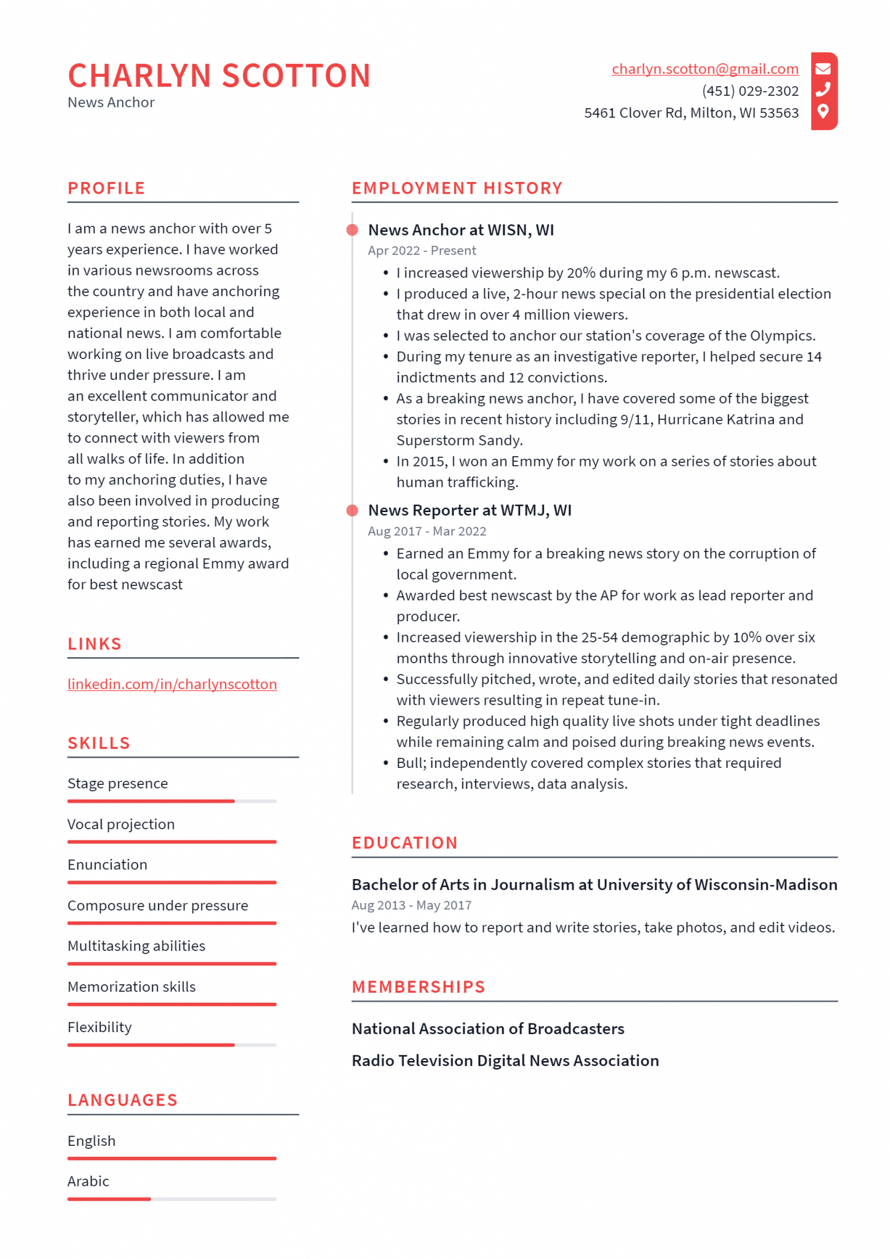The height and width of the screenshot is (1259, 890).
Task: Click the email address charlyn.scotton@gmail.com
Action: pyautogui.click(x=704, y=69)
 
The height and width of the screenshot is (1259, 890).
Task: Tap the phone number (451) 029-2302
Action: pyautogui.click(x=750, y=91)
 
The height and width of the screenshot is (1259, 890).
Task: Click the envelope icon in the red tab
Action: pyautogui.click(x=823, y=68)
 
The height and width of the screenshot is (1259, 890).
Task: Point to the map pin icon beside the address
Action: pyautogui.click(x=823, y=111)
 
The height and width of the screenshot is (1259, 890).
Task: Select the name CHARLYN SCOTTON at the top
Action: pyautogui.click(x=219, y=76)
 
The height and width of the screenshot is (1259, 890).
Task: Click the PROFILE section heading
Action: pyautogui.click(x=106, y=188)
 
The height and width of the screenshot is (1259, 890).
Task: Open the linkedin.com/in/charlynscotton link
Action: pyautogui.click(x=172, y=684)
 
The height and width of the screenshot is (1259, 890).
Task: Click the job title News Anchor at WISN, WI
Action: pyautogui.click(x=460, y=230)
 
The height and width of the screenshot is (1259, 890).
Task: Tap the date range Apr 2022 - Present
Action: pyautogui.click(x=422, y=251)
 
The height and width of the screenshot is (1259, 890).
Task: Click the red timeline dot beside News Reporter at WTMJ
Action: pyautogui.click(x=352, y=510)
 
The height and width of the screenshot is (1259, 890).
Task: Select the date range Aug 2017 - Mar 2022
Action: pyautogui.click(x=427, y=531)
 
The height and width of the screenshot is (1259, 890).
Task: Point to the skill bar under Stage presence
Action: pyautogui.click(x=171, y=801)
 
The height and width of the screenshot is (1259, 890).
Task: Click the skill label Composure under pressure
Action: pyautogui.click(x=157, y=906)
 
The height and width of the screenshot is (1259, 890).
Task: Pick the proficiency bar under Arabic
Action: pyautogui.click(x=171, y=1199)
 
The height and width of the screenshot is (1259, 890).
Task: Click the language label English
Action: pyautogui.click(x=92, y=1141)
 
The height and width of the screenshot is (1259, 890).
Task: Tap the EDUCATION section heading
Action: pyautogui.click(x=404, y=843)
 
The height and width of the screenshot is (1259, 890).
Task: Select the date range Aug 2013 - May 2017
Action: pyautogui.click(x=411, y=906)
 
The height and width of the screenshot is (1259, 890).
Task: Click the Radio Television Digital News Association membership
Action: pyautogui.click(x=505, y=1061)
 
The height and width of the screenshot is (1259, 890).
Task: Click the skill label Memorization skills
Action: pyautogui.click(x=132, y=987)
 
